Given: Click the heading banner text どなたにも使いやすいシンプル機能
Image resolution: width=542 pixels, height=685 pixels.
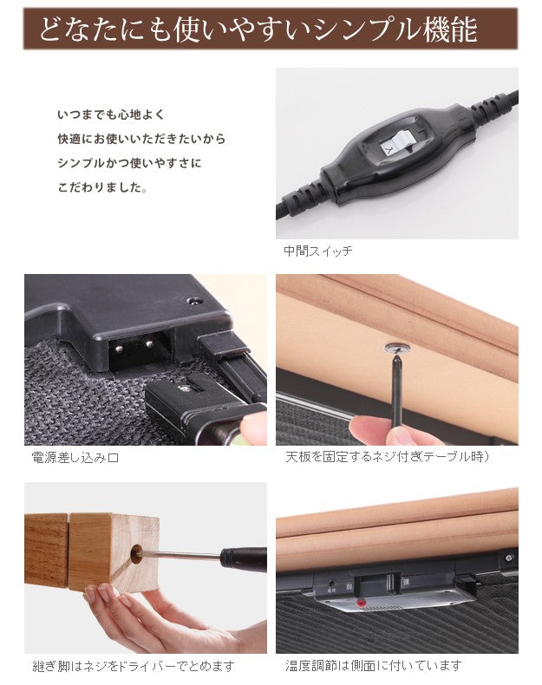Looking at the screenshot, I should (x=258, y=29).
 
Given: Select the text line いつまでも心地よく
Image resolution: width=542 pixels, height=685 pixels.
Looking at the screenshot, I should (x=110, y=114).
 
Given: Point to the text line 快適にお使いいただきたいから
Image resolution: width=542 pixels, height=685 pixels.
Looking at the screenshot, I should (x=140, y=139).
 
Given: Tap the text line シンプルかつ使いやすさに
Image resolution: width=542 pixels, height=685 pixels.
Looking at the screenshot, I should (x=128, y=163).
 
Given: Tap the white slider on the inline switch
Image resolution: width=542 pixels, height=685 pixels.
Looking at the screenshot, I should (x=399, y=142).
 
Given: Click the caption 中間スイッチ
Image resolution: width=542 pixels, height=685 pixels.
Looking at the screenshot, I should (x=318, y=251).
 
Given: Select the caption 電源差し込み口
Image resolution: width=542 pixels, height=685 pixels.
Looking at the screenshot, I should (x=75, y=457).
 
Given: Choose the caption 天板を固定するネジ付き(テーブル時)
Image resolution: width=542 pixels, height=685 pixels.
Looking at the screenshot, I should (x=388, y=457).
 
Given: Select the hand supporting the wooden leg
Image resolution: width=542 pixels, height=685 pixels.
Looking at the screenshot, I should (x=130, y=616).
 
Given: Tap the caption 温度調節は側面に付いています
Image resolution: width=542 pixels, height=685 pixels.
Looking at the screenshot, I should (x=374, y=666).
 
